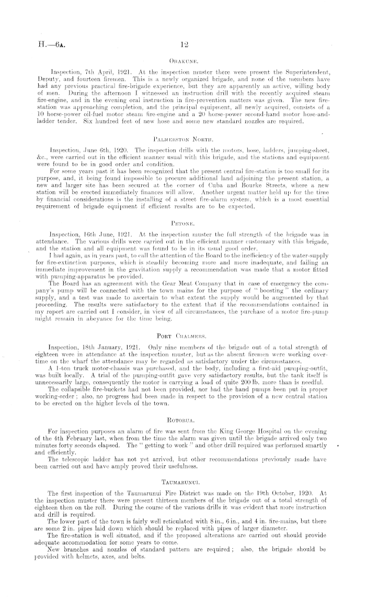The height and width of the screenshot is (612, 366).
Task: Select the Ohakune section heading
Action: point(182,60)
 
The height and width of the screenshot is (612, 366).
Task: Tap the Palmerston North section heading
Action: point(182,140)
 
